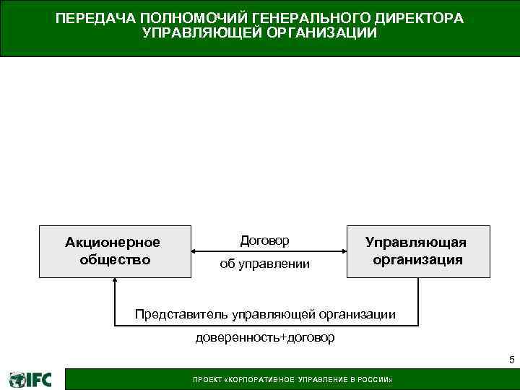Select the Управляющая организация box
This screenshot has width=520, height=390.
[x=418, y=251]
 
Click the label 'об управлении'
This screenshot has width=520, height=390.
[x=265, y=264]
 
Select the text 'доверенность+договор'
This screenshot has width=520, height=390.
[x=265, y=338]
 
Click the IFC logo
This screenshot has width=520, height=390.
[x=30, y=379]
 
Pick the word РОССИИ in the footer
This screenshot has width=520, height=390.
[x=375, y=380]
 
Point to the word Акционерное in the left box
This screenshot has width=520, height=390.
[x=113, y=242]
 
